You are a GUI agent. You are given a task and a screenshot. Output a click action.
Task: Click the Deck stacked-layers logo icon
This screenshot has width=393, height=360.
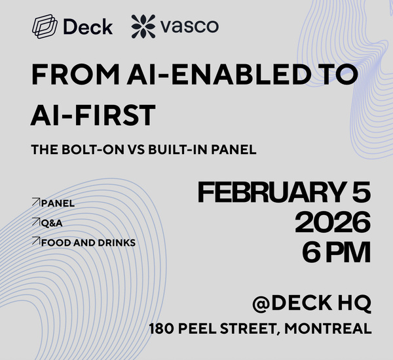click(44, 27)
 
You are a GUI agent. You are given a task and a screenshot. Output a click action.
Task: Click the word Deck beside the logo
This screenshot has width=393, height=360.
click(88, 27)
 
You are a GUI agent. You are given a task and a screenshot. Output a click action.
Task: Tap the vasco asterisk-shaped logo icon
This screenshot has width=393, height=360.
click(143, 27)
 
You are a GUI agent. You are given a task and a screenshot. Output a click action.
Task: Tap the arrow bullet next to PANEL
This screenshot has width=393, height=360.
click(35, 203)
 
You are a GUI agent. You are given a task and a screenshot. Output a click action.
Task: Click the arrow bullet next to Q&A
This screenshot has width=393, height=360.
click(35, 222)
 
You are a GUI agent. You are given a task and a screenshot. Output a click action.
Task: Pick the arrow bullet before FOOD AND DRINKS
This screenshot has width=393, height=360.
click(35, 242)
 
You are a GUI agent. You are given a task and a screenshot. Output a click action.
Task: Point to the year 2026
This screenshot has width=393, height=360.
click(332, 224)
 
